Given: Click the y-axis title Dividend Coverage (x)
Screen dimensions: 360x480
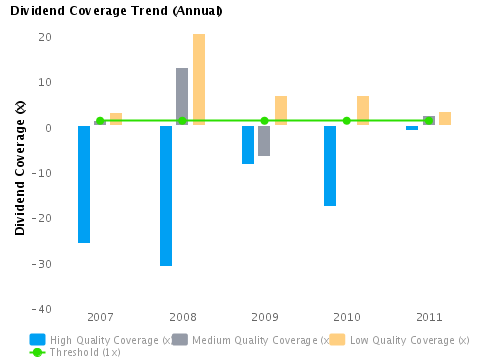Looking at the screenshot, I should [x=20, y=167].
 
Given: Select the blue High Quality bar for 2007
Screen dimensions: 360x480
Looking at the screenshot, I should [x=84, y=184].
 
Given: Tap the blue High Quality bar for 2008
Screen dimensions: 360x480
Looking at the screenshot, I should [x=166, y=195].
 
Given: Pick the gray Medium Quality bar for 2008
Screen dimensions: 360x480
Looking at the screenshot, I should [x=182, y=96].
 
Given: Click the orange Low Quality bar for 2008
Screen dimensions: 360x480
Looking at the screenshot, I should [x=199, y=79].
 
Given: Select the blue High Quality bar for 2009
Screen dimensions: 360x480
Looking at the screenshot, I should [x=248, y=145].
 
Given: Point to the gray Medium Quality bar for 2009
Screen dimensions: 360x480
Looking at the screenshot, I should [x=264, y=141].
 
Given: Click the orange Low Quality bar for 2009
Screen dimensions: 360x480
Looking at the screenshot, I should [x=281, y=110].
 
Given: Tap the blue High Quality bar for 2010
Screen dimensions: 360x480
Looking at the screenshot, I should [x=330, y=166].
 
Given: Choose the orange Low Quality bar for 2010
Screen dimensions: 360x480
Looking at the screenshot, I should [x=363, y=110].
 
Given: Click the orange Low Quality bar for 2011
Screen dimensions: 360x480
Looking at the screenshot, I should [x=445, y=118].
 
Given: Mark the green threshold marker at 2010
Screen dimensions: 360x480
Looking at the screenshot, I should [x=347, y=121].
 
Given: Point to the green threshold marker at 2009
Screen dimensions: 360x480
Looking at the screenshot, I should [x=264, y=121].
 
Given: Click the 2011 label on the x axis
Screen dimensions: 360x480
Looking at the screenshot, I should [x=429, y=317].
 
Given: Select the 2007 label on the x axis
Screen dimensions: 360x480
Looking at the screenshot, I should [x=100, y=317].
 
